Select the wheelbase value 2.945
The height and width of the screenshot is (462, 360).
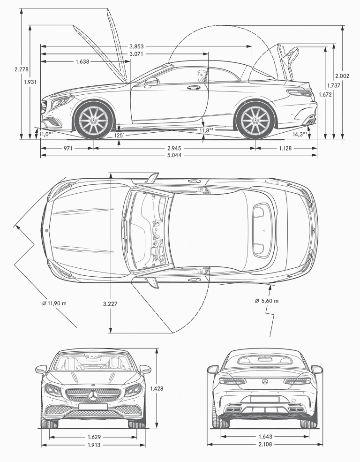pyautogui.click(x=174, y=148)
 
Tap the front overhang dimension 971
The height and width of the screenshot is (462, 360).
pyautogui.click(x=67, y=148)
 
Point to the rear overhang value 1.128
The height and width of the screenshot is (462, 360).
pyautogui.click(x=286, y=148)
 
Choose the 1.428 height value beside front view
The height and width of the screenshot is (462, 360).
pyautogui.click(x=157, y=388)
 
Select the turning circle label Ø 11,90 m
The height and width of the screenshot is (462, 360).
pyautogui.click(x=54, y=303)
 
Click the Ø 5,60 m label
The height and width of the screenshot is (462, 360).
pyautogui.click(x=266, y=301)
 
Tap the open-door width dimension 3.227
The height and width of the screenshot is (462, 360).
pyautogui.click(x=110, y=303)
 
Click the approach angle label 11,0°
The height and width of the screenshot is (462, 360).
pyautogui.click(x=45, y=134)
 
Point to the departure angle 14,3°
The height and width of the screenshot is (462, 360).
pyautogui.click(x=299, y=134)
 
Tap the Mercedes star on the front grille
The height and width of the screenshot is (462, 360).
pyautogui.click(x=93, y=396)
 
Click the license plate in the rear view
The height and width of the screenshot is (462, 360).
pyautogui.click(x=265, y=399)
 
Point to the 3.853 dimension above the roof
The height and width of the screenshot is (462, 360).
pyautogui.click(x=136, y=46)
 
